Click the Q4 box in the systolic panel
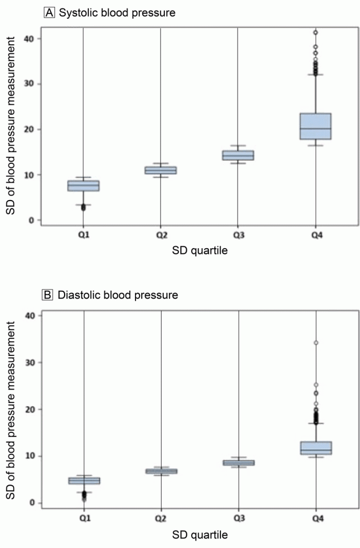316,126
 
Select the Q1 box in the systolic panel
83,186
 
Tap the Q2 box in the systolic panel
160,170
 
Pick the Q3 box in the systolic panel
238,155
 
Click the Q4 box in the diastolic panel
316,448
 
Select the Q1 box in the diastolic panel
84,481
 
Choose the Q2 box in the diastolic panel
162,471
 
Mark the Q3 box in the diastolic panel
239,462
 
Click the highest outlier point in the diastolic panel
316,343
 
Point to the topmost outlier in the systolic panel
316,32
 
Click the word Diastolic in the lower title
77,295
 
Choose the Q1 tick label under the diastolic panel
84,519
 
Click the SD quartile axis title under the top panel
200,252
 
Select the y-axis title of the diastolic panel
11,408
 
